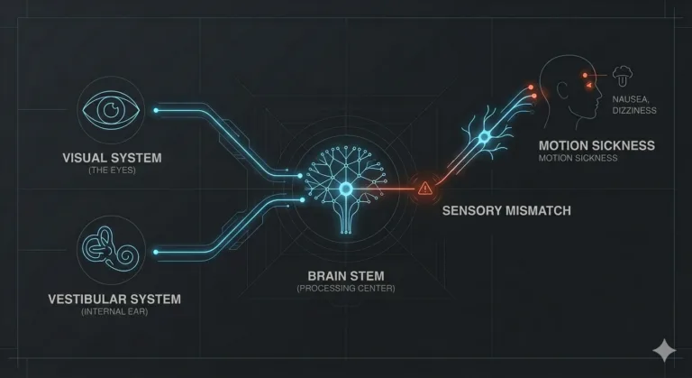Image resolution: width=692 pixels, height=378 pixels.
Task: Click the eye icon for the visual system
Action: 111,110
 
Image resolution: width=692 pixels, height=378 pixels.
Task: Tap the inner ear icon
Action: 110,249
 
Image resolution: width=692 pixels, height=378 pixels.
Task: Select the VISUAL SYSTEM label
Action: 112,158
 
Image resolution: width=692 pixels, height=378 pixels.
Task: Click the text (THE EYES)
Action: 112,171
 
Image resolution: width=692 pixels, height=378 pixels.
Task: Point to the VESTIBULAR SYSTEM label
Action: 114,300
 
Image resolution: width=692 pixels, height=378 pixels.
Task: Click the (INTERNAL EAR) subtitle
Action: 114,311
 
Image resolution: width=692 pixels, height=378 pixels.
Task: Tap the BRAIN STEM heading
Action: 346,276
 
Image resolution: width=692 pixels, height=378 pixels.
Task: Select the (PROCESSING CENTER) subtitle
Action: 346,289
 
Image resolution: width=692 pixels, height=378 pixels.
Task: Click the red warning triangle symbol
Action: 425,189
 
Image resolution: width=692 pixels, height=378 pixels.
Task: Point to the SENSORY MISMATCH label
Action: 506,210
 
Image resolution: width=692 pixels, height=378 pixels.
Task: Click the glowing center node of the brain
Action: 346,189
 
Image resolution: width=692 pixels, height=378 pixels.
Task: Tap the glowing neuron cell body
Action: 485,137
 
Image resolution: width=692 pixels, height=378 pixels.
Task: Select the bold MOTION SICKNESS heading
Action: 596,145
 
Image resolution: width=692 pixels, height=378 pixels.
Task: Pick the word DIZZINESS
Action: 634,111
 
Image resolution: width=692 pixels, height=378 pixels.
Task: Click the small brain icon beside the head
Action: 623,76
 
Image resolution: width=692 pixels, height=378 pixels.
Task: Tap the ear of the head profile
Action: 562,90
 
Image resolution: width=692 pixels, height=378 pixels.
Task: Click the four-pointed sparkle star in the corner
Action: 664,350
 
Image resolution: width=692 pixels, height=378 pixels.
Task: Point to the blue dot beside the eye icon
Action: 156,110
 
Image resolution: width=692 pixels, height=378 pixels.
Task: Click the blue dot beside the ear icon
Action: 156,252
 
